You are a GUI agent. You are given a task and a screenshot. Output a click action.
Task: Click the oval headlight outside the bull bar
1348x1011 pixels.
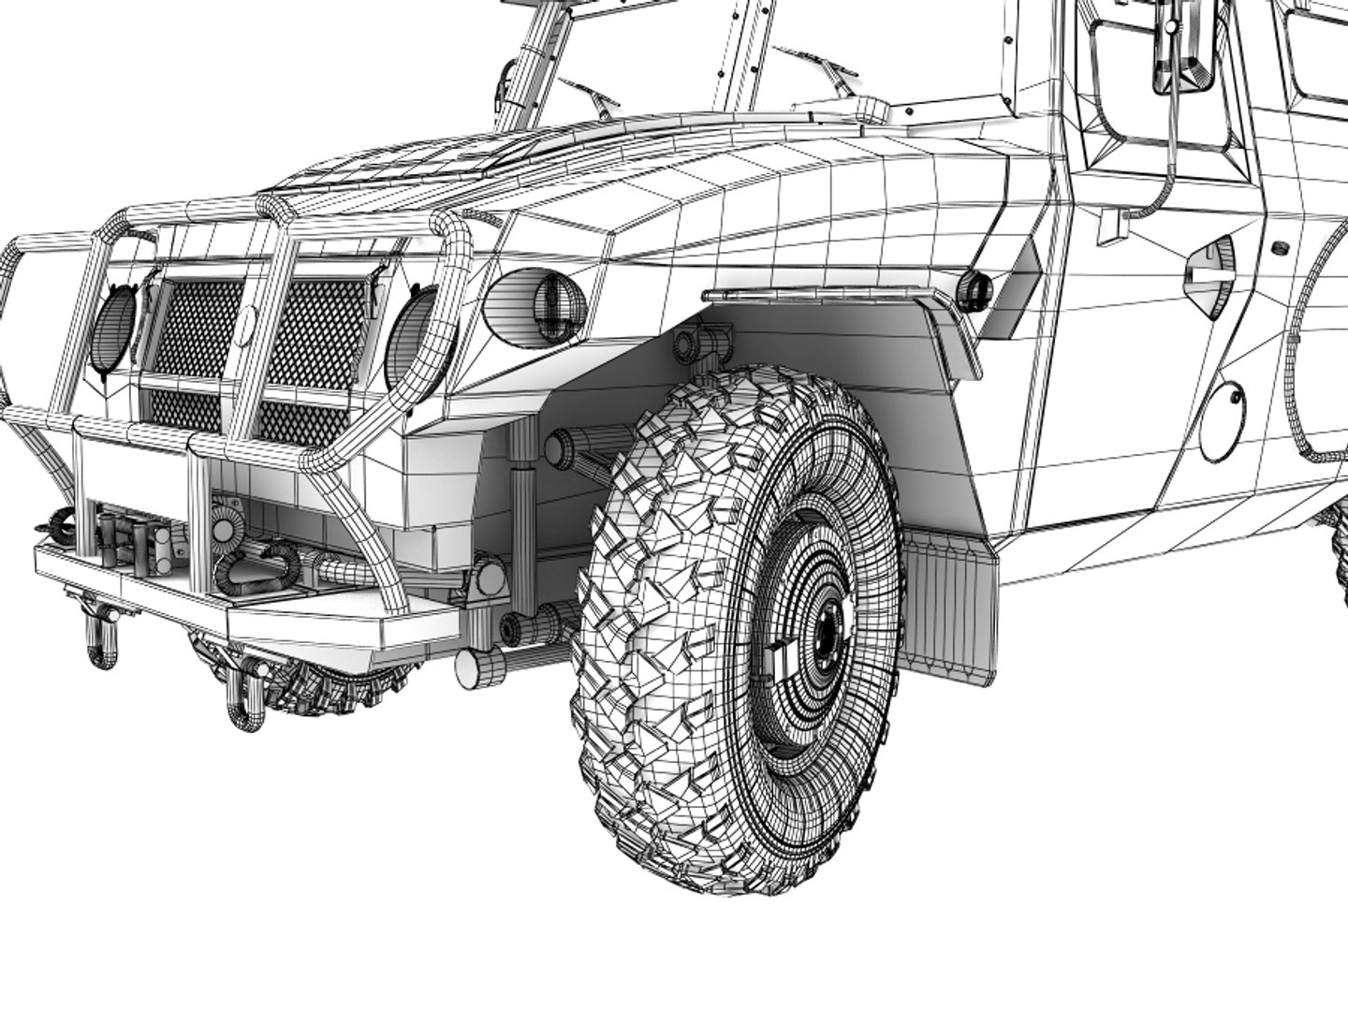click(x=535, y=300)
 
